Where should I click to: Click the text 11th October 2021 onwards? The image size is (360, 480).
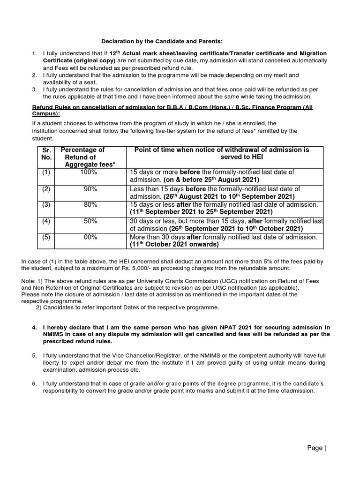[x=174, y=245]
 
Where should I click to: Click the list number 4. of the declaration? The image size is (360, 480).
[x=35, y=327]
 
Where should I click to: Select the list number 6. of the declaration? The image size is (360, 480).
[x=35, y=384]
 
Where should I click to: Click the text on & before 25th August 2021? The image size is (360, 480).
[x=211, y=180]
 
